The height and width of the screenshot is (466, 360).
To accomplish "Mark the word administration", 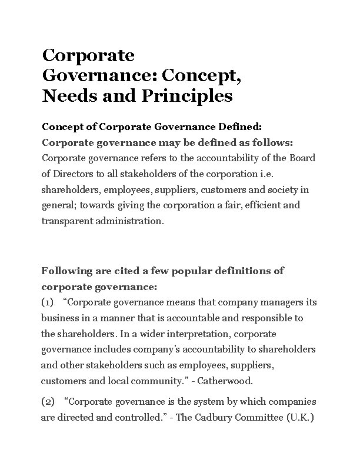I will [x=132, y=222].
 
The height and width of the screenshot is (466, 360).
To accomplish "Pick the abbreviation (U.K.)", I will [x=299, y=418].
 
